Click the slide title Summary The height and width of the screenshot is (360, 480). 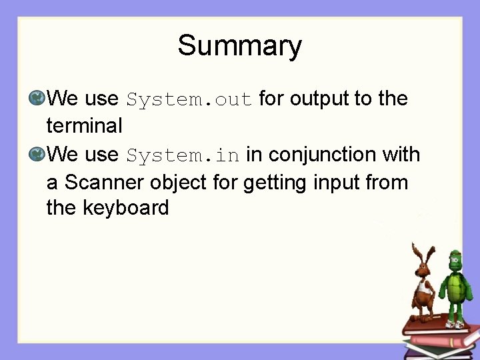tap(239, 47)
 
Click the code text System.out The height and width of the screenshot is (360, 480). tap(189, 100)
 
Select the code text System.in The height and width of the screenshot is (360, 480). tap(183, 156)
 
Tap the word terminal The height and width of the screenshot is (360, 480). tap(84, 125)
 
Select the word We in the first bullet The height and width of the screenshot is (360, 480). tap(63, 99)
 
